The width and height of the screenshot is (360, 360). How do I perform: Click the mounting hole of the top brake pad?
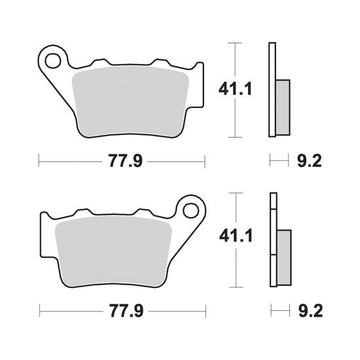pos(53,60)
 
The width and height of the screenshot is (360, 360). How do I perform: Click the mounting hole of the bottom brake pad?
pos(190,209)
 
